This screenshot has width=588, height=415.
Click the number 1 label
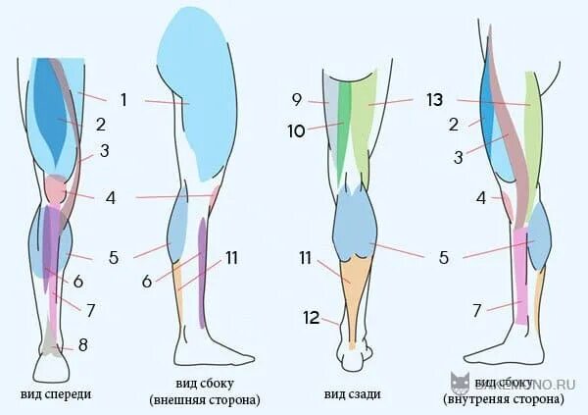coord(123,98)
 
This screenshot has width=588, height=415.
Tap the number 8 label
coord(83,344)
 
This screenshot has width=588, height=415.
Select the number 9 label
coord(297,98)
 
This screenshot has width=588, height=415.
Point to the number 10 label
coord(297,130)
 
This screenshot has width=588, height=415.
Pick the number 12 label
coord(311,317)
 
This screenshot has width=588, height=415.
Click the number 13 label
coord(435,98)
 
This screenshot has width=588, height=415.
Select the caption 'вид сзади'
coord(352,394)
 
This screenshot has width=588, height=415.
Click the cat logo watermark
coord(459,383)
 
